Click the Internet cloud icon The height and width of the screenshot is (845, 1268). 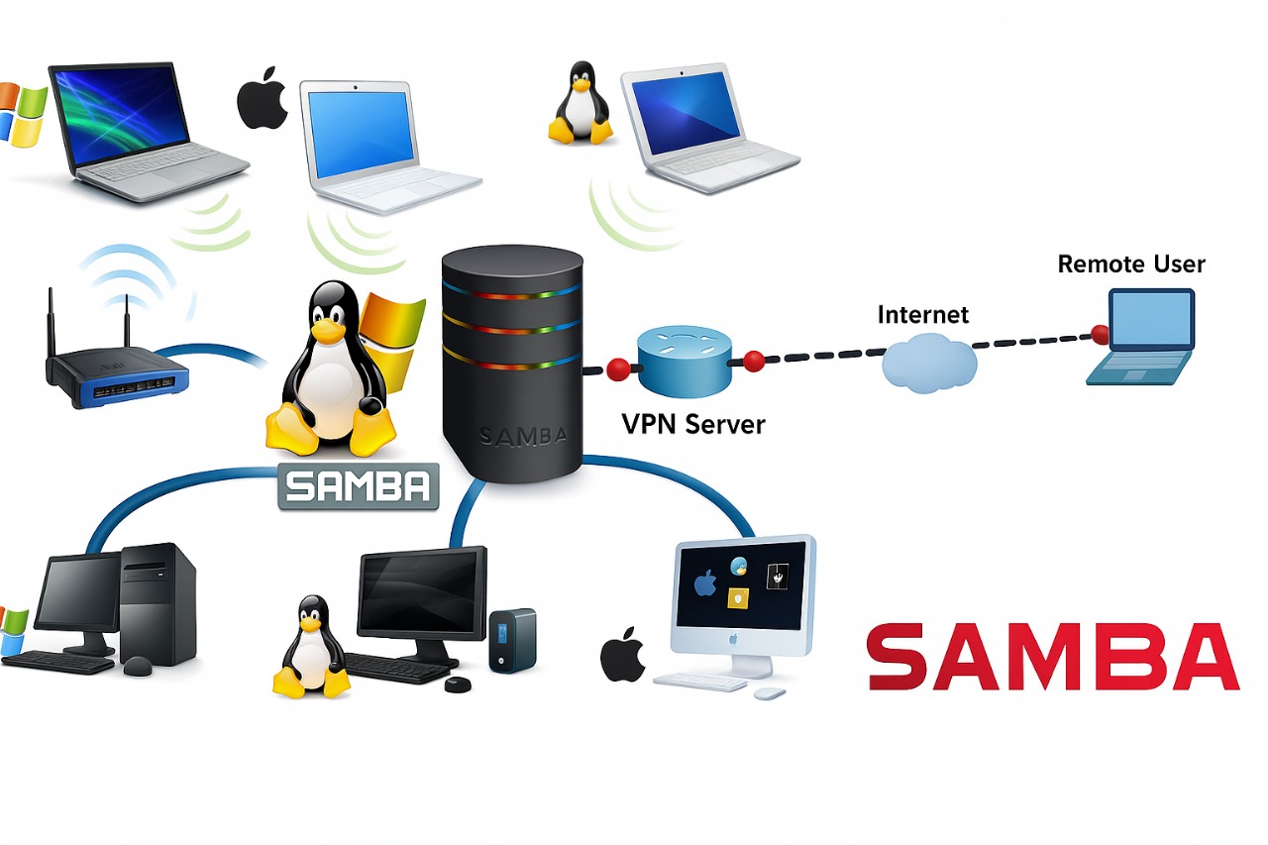[928, 364]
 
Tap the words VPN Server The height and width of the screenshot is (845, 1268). [693, 424]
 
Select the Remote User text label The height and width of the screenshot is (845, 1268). [1131, 264]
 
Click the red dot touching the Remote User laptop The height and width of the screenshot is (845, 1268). [1099, 333]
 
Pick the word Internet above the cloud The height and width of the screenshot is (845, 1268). [923, 315]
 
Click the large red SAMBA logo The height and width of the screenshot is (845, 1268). [1052, 657]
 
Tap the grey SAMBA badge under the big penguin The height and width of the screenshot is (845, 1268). [358, 486]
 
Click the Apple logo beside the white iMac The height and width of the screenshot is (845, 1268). [623, 654]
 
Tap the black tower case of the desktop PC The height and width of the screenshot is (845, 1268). [158, 603]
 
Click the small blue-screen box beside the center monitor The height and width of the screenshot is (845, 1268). [512, 640]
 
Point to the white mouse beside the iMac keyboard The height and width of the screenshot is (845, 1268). [770, 693]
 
